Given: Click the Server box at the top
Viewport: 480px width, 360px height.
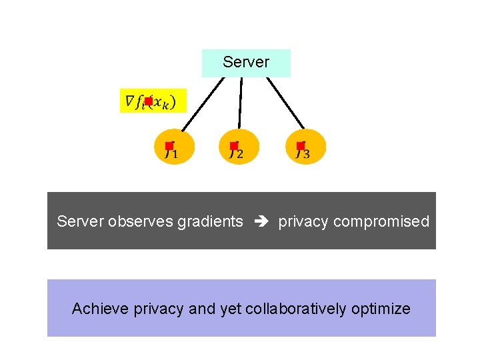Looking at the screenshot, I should pos(246,63).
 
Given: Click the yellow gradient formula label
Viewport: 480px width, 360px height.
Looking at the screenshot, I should pos(153,101).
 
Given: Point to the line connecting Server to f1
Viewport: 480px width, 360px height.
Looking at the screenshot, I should pos(203,104).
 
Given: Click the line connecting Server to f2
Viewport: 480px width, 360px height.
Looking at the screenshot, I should pos(241,103).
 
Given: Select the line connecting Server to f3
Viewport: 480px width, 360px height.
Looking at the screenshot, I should pos(285,103).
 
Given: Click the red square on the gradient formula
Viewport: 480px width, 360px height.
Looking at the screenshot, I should pos(148,101).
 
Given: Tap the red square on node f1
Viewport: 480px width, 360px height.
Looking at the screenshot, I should pos(169,145).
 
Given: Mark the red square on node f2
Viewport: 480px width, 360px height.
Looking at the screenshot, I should pos(234,145).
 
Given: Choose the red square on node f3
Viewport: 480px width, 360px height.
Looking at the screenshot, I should pos(301,145).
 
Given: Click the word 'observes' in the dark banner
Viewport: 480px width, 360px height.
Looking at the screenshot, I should pos(141,222).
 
